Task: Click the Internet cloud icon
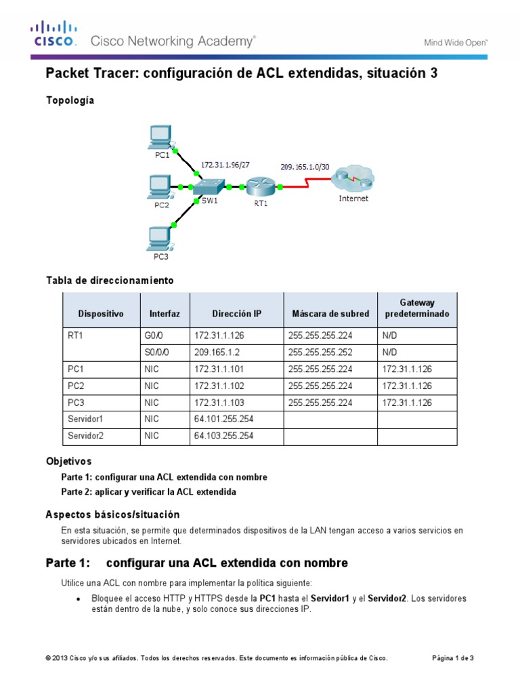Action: point(353,180)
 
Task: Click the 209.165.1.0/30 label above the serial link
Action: point(305,166)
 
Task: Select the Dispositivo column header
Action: point(101,314)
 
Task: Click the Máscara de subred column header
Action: point(330,314)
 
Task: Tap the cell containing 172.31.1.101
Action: point(219,369)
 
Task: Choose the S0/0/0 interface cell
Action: point(156,352)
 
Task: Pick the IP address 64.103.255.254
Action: point(223,436)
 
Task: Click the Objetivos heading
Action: point(68,461)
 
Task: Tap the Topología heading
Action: point(70,100)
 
